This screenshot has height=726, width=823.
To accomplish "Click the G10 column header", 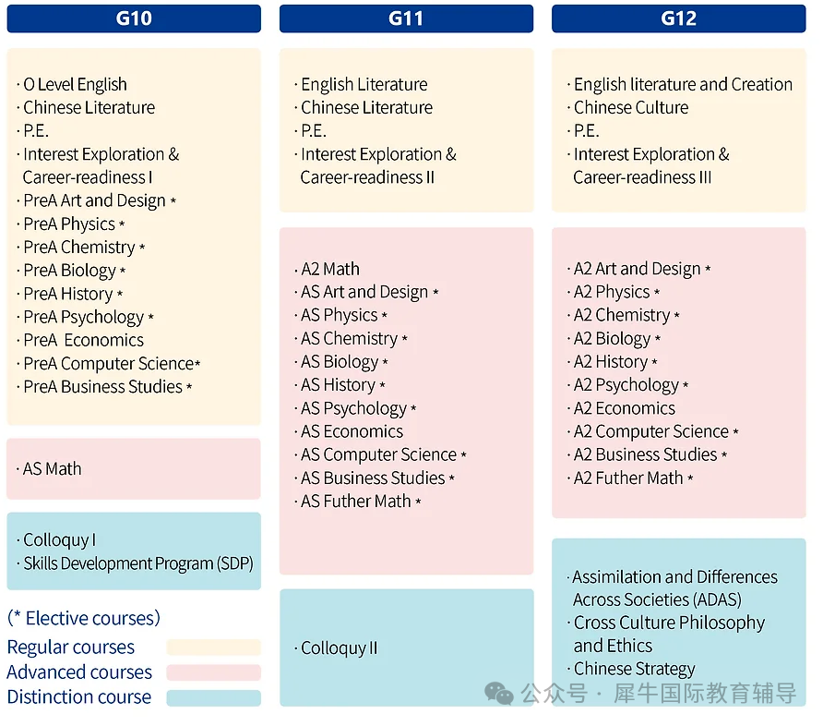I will (x=134, y=18).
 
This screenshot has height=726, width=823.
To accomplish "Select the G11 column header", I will (x=406, y=18).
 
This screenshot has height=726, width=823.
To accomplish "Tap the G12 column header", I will (x=678, y=18).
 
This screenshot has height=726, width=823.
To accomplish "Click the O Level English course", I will (x=75, y=85).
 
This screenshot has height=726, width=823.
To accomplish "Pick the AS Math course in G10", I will (x=52, y=469).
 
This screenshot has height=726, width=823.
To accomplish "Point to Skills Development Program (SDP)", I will (x=138, y=563).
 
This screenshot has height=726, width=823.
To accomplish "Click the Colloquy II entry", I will (x=339, y=648).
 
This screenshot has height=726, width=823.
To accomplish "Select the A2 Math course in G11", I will (x=330, y=270).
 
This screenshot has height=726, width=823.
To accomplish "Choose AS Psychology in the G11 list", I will (x=353, y=408).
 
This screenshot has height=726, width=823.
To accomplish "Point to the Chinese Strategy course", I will (x=635, y=669).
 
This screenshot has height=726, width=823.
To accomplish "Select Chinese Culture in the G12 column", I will (x=631, y=108).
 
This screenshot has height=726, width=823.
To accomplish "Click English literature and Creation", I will (x=683, y=85).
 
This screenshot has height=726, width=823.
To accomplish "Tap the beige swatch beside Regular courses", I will (x=213, y=647).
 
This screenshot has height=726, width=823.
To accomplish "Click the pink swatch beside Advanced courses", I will (x=213, y=672).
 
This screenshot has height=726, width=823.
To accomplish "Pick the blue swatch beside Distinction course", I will (x=213, y=697).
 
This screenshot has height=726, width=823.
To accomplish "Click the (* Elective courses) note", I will (x=83, y=618).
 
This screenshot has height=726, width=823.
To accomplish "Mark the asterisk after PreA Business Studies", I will (x=190, y=388).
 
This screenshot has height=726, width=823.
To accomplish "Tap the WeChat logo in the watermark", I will (x=501, y=693).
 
